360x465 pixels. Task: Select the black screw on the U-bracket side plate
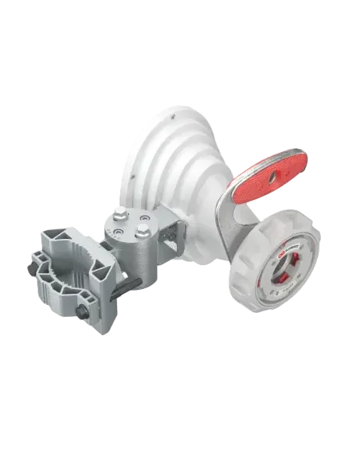coord(170,232)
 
